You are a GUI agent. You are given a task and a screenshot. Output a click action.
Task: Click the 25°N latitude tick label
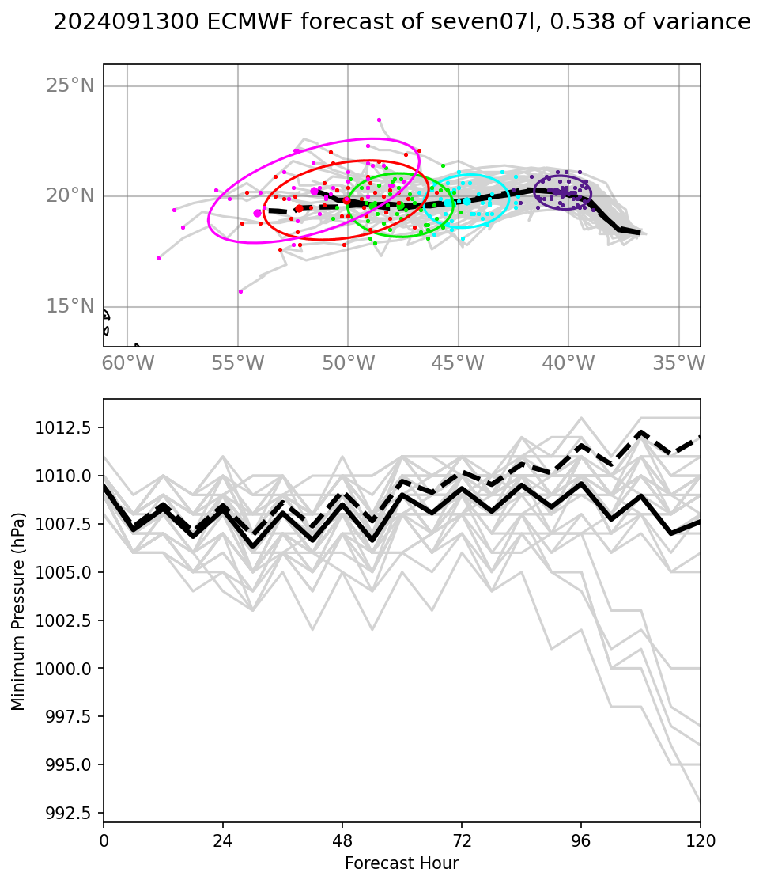70,85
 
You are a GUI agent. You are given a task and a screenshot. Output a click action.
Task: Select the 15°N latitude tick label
70,306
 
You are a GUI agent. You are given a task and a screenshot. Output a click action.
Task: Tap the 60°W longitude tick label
127,363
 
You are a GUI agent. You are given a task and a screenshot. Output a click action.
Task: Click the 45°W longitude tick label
458,363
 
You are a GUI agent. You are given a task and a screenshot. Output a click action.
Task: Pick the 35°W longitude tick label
678,363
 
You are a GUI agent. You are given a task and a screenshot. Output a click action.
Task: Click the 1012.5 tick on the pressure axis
68,428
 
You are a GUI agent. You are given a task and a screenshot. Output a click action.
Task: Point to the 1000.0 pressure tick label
68,669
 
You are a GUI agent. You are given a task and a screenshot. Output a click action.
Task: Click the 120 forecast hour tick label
700,840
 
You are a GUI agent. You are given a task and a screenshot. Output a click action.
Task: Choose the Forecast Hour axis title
402,863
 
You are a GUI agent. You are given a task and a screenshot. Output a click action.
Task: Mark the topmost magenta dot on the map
379,120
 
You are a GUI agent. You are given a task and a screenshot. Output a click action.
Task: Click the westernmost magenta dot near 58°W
158,258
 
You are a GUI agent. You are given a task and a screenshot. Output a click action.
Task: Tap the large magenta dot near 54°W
258,213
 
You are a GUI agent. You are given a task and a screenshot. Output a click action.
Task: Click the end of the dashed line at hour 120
700,437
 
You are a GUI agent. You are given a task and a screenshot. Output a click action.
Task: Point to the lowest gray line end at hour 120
700,802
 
